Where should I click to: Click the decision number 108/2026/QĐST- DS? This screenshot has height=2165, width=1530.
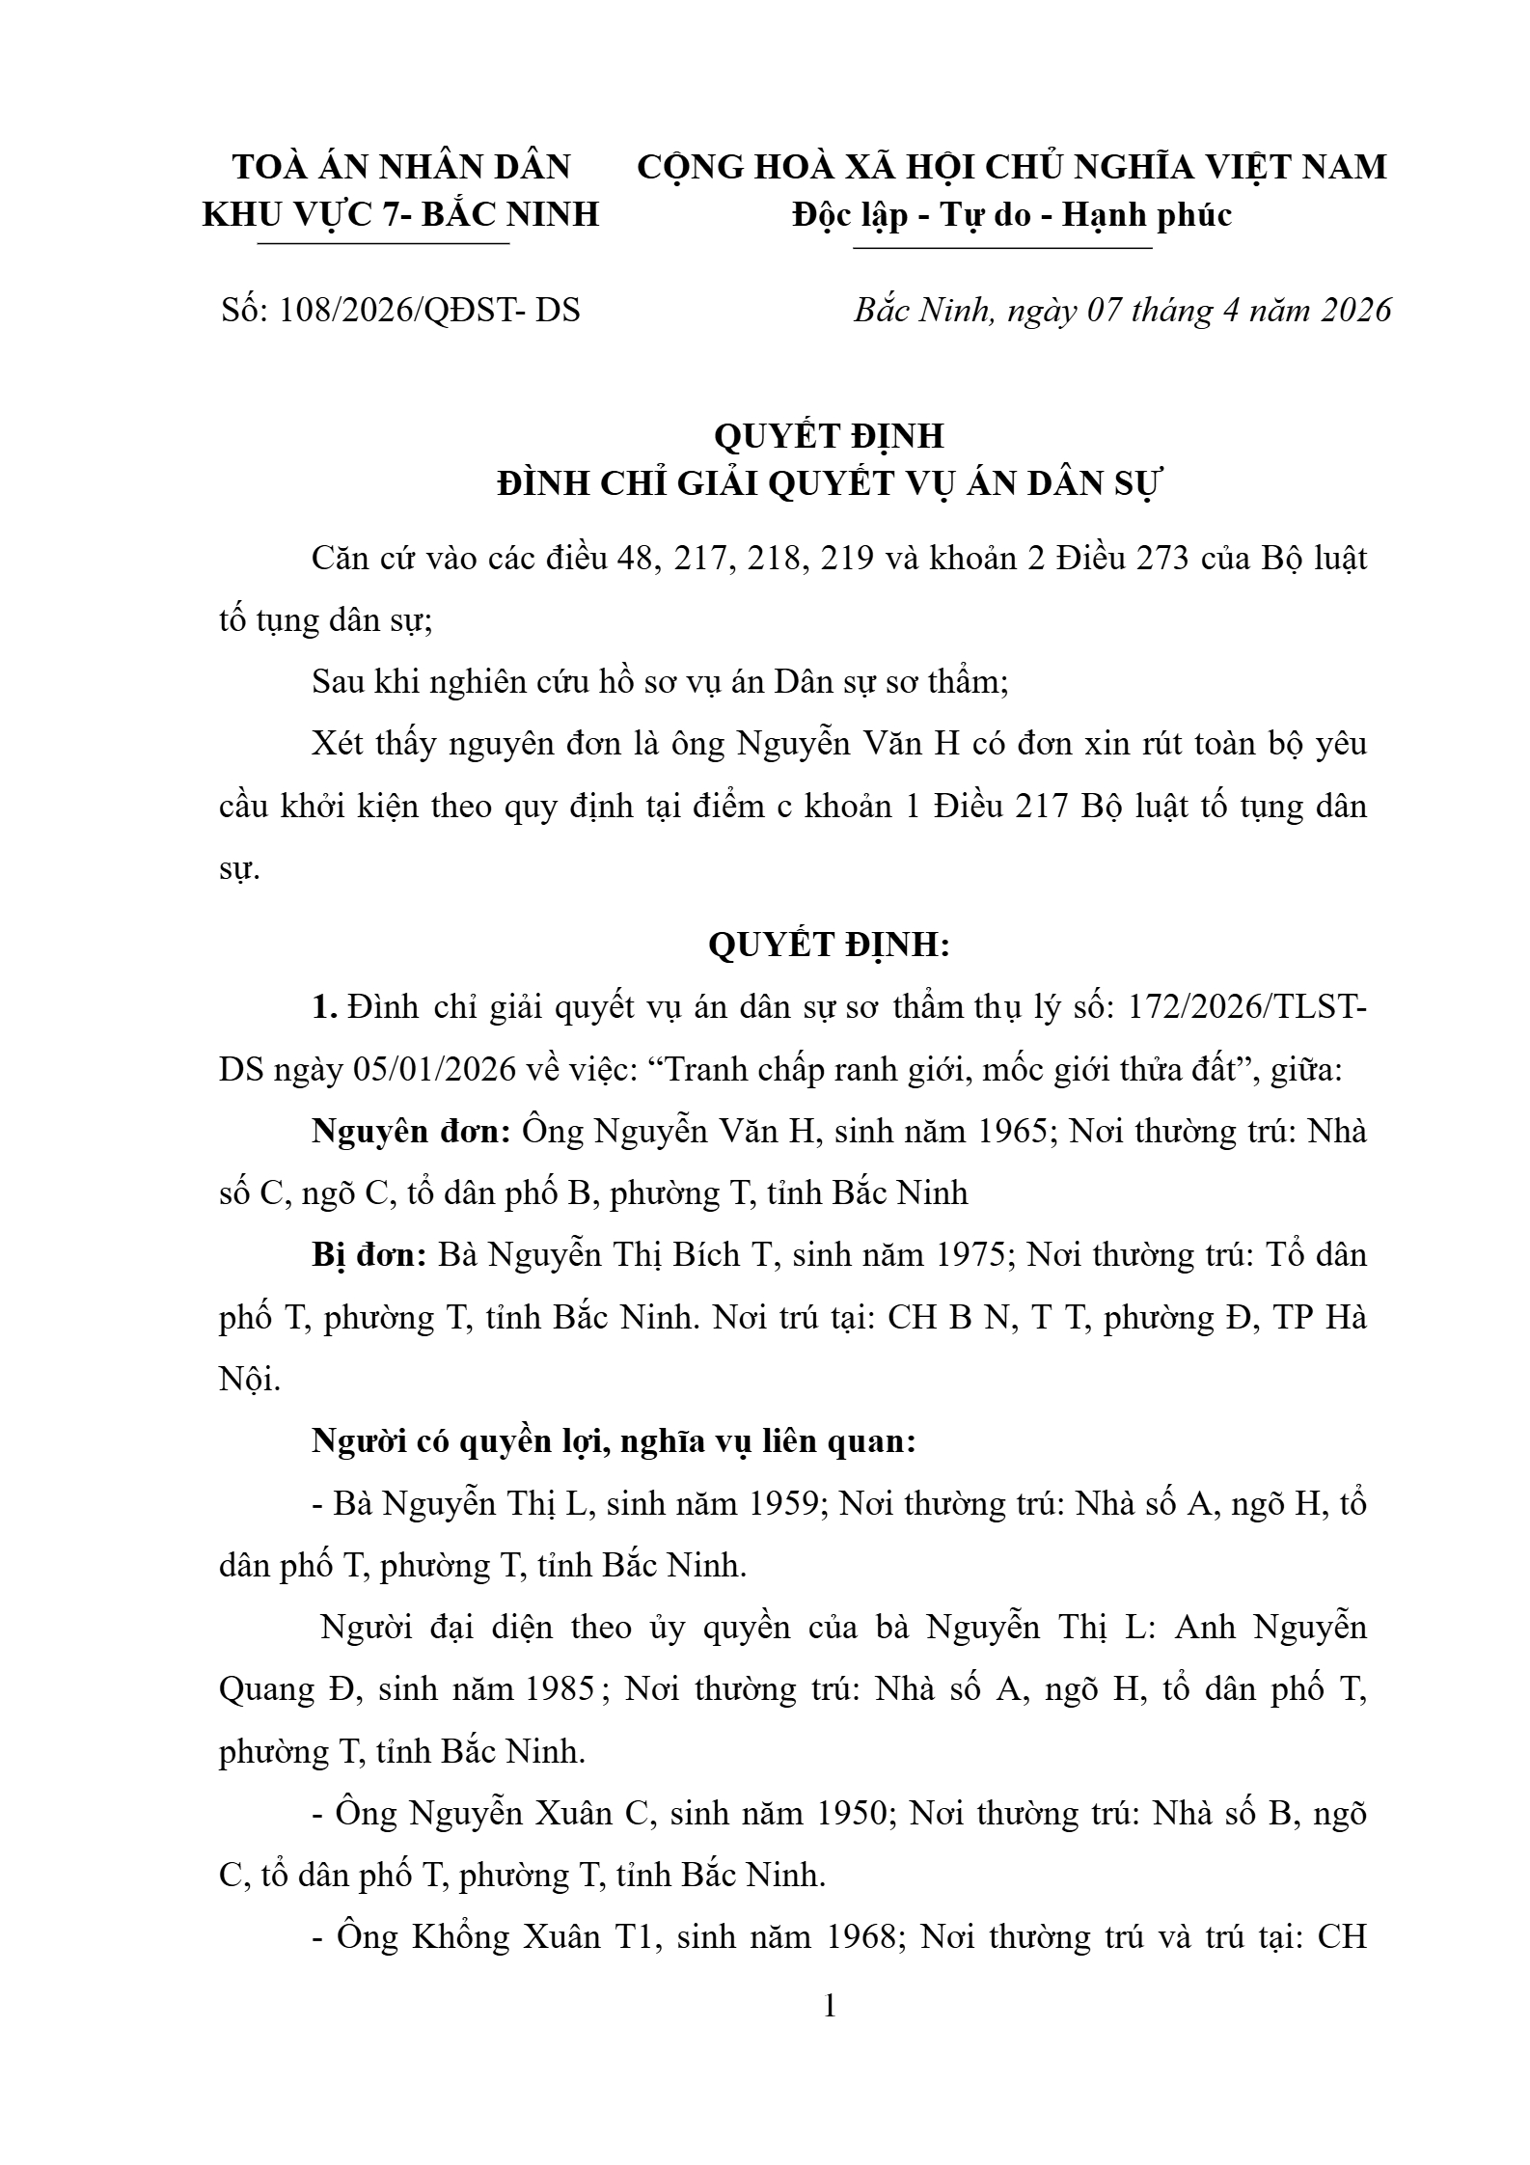pyautogui.click(x=429, y=311)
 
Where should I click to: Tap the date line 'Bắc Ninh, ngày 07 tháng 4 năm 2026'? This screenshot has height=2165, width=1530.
pyautogui.click(x=1122, y=311)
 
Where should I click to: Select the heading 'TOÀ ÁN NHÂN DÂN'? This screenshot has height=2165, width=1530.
pyautogui.click(x=401, y=168)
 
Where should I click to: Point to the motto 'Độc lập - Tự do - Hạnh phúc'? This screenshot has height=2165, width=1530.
pyautogui.click(x=1012, y=215)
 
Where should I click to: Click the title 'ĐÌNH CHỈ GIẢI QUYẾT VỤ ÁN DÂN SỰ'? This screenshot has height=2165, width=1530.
pyautogui.click(x=830, y=483)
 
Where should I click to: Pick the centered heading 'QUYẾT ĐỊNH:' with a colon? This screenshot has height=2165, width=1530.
pyautogui.click(x=830, y=945)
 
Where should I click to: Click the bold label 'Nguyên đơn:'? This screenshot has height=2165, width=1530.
pyautogui.click(x=411, y=1131)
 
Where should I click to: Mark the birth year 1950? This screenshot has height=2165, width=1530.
pyautogui.click(x=858, y=1814)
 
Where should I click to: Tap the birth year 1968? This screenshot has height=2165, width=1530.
pyautogui.click(x=856, y=1937)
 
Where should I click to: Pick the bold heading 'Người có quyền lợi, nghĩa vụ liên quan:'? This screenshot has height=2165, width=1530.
pyautogui.click(x=614, y=1441)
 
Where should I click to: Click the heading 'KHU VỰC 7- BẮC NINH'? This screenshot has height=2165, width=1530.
pyautogui.click(x=401, y=215)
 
